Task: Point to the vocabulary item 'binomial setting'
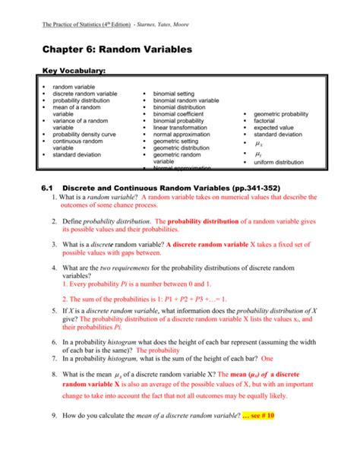pyautogui.click(x=174, y=94)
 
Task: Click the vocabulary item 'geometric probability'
pyautogui.click(x=281, y=114)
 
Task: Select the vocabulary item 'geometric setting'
pyautogui.click(x=176, y=141)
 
